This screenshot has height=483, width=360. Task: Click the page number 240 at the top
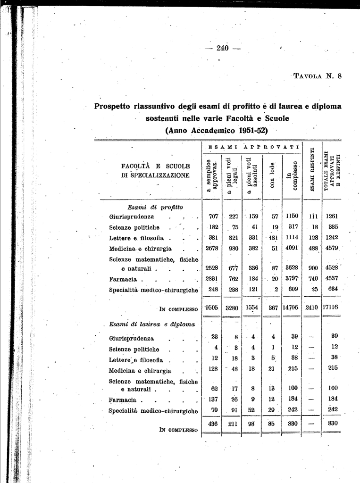tap(222, 48)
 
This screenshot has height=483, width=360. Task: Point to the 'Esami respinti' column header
tap(311, 170)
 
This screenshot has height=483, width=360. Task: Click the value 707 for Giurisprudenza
tap(213, 217)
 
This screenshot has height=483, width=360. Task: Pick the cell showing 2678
tap(212, 249)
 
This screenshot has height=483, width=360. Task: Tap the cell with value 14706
tap(292, 308)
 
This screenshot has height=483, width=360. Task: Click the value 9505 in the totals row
tap(212, 308)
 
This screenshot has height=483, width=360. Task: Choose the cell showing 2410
tap(311, 308)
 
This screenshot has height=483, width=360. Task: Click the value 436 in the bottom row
tap(213, 424)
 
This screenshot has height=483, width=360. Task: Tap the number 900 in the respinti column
tap(313, 268)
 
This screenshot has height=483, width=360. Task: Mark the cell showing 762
tap(233, 279)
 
